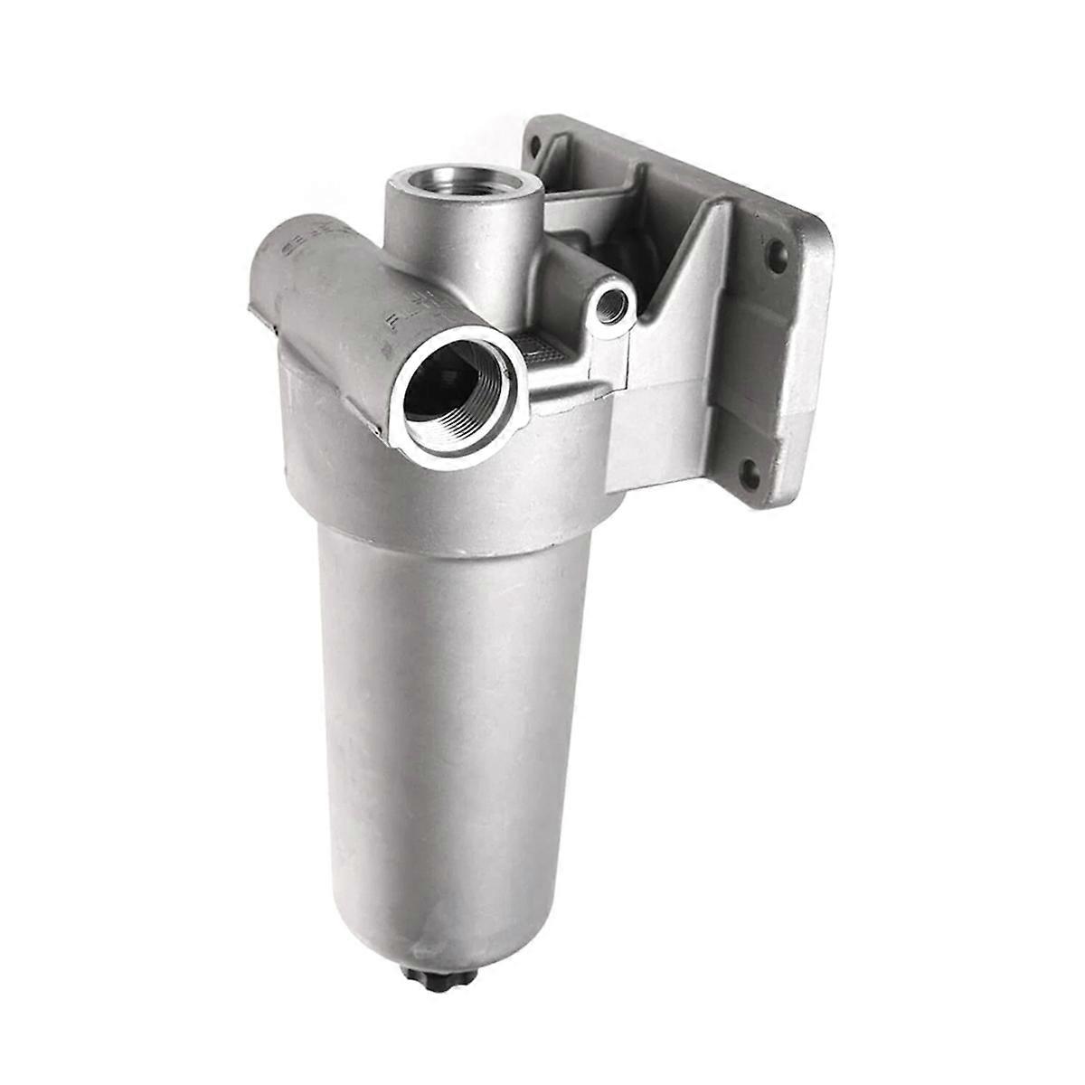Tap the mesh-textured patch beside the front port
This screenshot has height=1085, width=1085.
[546, 349]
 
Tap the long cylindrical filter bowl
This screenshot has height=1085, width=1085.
[443, 723]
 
